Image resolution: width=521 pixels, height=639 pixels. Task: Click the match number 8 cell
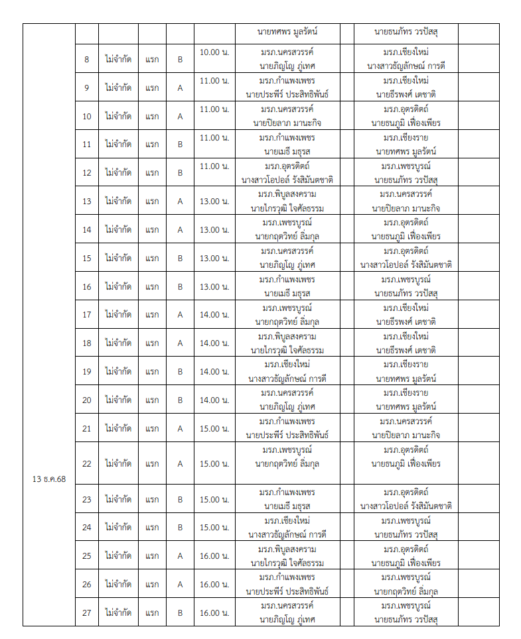87,59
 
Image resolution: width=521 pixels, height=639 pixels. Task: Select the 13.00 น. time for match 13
214,201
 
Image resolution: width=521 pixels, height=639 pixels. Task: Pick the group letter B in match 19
180,371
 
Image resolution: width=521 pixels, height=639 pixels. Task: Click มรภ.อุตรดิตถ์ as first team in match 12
287,166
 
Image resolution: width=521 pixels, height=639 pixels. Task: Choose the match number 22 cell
87,463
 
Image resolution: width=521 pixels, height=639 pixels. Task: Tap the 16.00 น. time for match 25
214,555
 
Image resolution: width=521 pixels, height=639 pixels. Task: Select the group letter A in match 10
180,116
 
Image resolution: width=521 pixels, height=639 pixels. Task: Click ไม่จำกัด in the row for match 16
118,286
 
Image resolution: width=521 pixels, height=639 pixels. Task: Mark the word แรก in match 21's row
153,428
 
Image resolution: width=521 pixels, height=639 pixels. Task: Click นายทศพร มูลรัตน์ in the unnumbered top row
288,31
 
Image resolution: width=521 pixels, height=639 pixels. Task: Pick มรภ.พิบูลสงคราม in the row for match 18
287,336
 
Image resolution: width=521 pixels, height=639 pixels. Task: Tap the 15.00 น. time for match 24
214,527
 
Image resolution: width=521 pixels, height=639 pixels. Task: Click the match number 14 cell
87,229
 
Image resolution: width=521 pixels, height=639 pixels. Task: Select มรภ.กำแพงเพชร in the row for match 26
287,577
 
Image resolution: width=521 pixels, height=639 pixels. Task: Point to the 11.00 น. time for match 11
214,137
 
